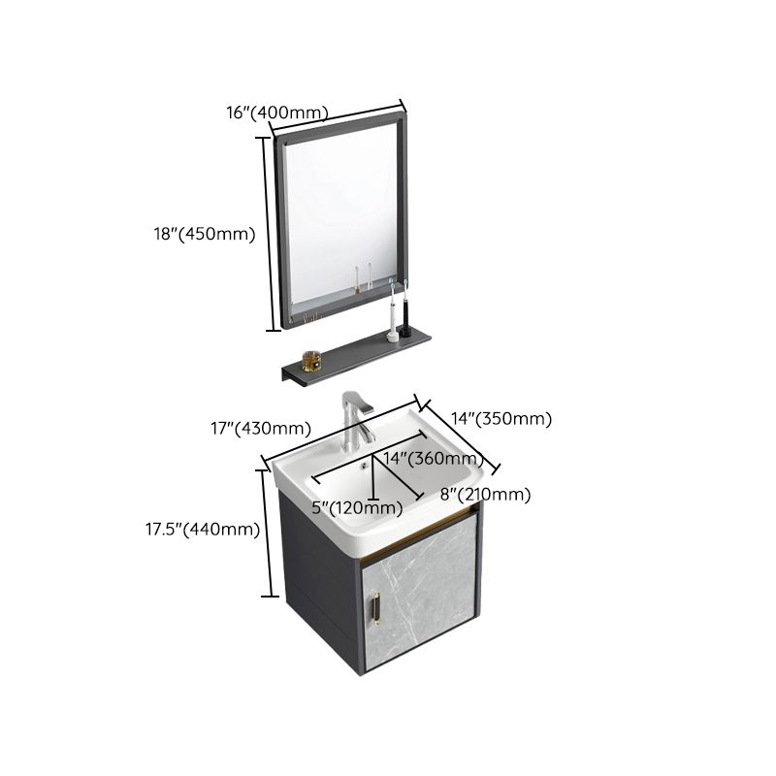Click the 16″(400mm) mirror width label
(x=277, y=113)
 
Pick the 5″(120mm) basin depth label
(x=357, y=507)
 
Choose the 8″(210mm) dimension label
(x=485, y=495)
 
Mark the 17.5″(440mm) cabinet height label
(x=203, y=529)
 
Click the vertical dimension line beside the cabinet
(x=264, y=533)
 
